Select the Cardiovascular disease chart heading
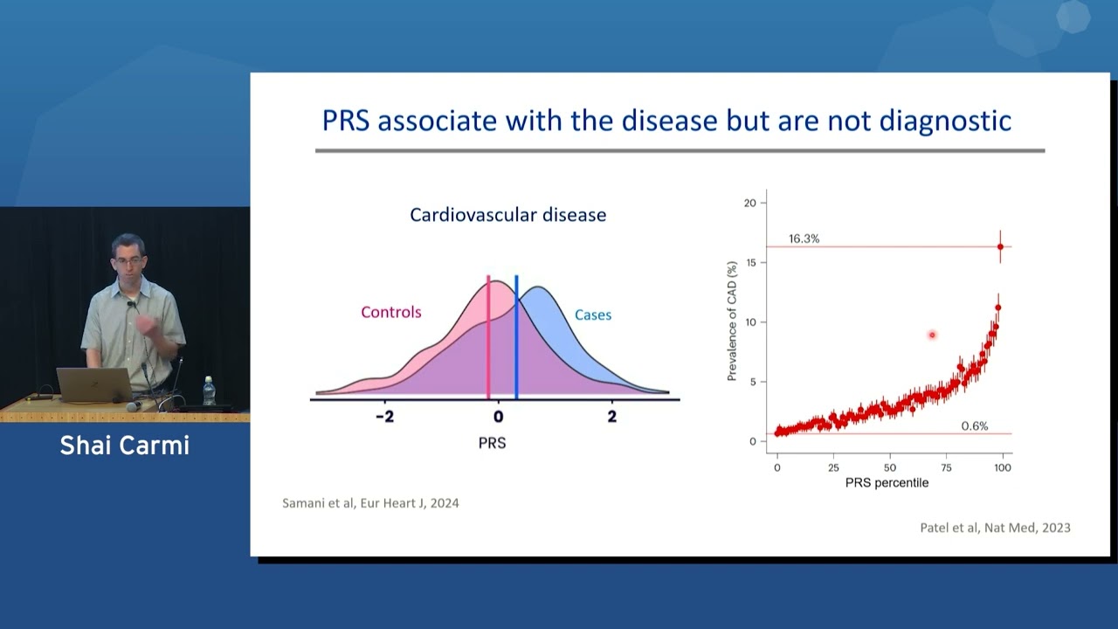(507, 214)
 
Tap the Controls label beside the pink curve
(391, 312)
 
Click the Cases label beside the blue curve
(592, 314)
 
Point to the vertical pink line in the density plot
(488, 349)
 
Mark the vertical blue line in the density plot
(516, 349)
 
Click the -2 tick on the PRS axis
(384, 417)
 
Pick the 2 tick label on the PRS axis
(611, 417)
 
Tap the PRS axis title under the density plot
(492, 443)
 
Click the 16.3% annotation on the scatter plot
(804, 238)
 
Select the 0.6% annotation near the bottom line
(974, 425)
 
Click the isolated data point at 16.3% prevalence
(1000, 246)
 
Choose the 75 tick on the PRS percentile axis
(947, 467)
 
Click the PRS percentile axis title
(887, 483)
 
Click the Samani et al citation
(370, 503)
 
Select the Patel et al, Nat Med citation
(995, 527)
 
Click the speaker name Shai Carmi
(124, 446)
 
